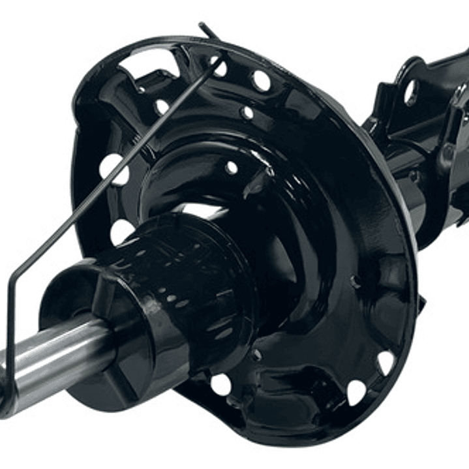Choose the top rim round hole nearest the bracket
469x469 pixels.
262,81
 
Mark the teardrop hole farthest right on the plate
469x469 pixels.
386,362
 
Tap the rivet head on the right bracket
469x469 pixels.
448,154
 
